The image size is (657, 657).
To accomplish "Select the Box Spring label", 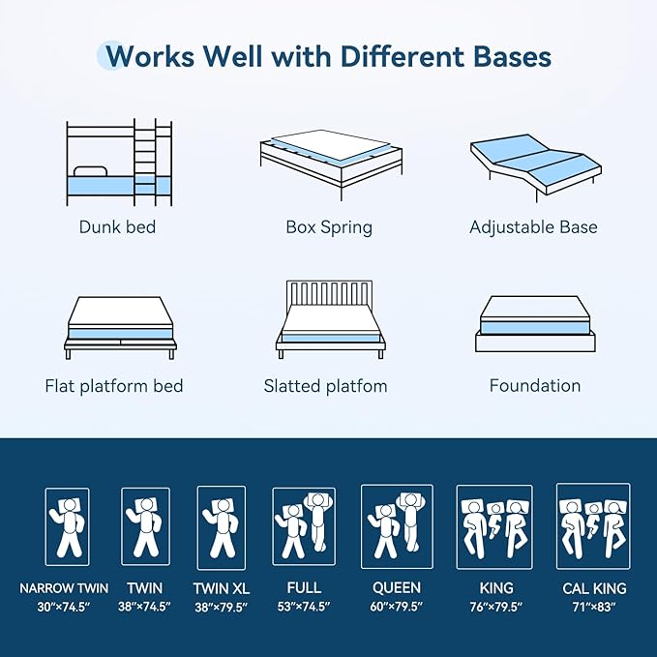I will tap(329, 228).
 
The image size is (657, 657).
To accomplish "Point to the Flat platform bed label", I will tap(114, 386).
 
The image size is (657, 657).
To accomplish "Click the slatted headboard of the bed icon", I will tap(328, 294).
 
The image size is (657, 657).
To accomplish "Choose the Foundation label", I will tap(534, 386).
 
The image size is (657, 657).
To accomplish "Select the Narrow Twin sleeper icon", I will tap(67, 527).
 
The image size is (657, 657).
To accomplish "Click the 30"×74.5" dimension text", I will tap(64, 607).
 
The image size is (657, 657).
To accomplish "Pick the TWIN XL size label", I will tap(221, 588).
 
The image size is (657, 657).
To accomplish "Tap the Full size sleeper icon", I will tap(304, 526).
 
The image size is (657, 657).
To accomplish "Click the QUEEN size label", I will tap(397, 587).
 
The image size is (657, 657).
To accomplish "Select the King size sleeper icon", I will tap(493, 526).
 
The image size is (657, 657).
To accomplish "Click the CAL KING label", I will tap(594, 588).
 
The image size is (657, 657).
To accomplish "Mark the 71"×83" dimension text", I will tap(594, 607).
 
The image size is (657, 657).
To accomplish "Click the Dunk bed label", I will tap(117, 228).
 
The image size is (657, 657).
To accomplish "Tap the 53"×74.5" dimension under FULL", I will tap(304, 607).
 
